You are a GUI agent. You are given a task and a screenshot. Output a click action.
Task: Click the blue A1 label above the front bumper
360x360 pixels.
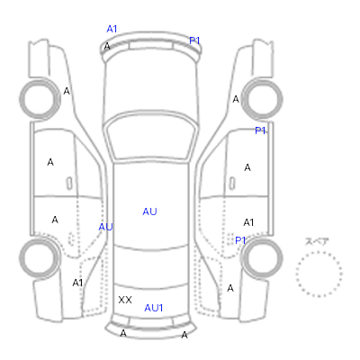click(112, 29)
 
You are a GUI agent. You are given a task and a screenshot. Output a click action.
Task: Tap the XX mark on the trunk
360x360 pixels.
click(125, 300)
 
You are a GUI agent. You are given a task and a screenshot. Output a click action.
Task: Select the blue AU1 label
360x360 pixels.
click(153, 308)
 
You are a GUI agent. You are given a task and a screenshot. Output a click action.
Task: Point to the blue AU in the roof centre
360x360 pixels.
click(149, 211)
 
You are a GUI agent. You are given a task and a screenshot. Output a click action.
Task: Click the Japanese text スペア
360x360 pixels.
click(317, 242)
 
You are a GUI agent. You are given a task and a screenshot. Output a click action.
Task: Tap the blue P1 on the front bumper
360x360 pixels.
click(194, 40)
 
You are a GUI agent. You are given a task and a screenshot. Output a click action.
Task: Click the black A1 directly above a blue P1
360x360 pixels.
click(248, 222)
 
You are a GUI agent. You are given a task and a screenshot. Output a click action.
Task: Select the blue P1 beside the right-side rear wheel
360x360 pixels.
click(240, 240)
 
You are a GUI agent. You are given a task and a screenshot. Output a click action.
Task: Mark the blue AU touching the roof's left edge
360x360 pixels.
click(105, 227)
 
